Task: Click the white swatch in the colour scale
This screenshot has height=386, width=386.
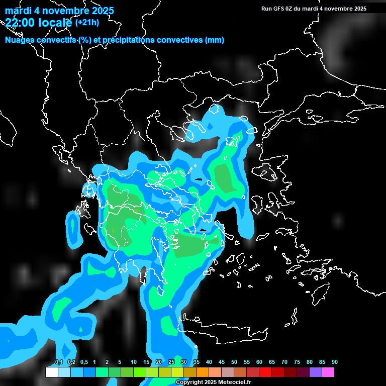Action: [51, 372]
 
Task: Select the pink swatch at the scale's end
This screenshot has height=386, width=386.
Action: [328, 372]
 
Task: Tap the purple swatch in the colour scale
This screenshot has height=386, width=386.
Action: [315, 372]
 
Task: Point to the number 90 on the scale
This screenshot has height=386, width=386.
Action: [335, 362]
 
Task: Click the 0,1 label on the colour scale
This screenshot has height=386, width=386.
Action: [59, 362]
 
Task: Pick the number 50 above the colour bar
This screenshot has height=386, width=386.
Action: [234, 362]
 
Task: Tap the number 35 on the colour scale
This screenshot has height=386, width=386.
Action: [197, 362]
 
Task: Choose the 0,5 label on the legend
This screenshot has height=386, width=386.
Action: [84, 362]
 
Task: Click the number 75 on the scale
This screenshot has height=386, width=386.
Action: [297, 362]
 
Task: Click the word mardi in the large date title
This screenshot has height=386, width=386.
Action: [17, 11]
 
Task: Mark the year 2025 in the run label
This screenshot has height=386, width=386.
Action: [359, 9]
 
